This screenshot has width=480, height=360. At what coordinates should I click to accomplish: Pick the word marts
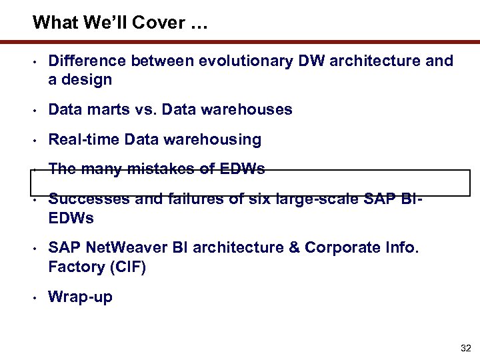point(102,109)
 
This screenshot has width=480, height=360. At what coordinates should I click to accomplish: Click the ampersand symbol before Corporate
point(297,248)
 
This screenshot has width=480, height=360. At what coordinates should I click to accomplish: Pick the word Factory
point(75,267)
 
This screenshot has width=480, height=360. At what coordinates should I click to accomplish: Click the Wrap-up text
point(80,297)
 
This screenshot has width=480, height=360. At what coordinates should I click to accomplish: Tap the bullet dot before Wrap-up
point(33,297)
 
